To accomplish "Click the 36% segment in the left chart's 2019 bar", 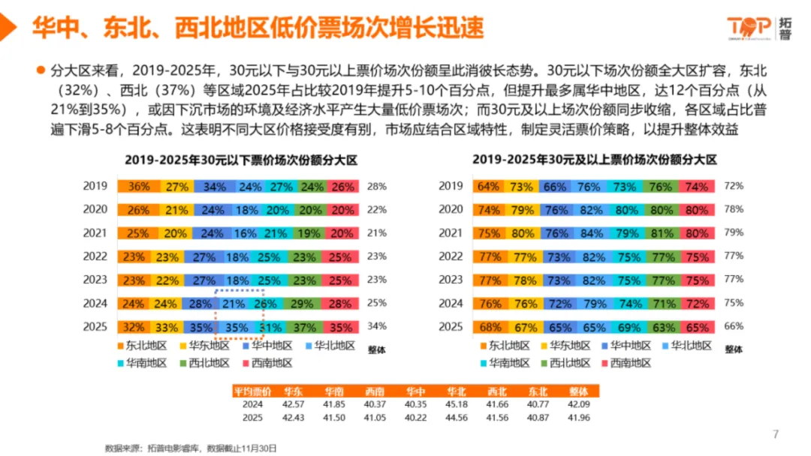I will tap(138, 187).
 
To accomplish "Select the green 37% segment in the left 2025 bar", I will tap(304, 328).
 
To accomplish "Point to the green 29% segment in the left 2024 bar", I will tap(304, 304).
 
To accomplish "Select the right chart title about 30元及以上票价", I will tap(595, 160).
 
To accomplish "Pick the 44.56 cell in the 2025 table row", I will tap(457, 417).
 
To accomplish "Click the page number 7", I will tap(776, 433).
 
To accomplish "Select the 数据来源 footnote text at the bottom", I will tap(191, 448).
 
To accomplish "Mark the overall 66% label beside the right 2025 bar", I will tap(733, 327).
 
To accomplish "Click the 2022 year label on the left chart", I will tap(95, 256).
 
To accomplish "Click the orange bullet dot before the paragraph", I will tap(41, 70).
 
